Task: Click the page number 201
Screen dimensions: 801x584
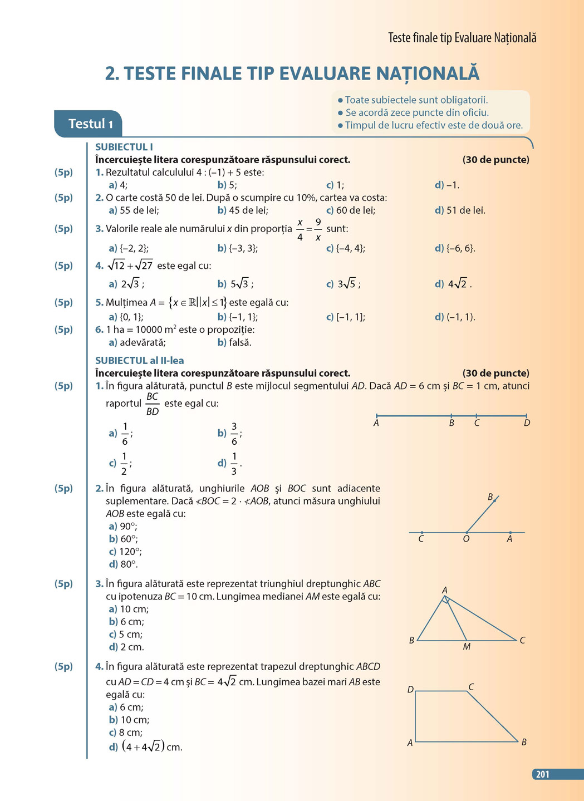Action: (x=542, y=774)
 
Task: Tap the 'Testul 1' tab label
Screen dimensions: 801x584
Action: (x=90, y=124)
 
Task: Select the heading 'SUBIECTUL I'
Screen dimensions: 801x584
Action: (x=124, y=147)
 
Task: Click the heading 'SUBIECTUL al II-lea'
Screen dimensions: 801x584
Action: (x=139, y=360)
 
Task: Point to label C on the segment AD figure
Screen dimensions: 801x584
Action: (x=477, y=424)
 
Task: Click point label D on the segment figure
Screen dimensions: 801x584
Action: (x=527, y=424)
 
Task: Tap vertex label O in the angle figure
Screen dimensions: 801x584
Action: (x=466, y=539)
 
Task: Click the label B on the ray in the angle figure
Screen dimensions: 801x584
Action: (x=490, y=497)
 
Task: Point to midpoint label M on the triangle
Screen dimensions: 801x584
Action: (x=467, y=647)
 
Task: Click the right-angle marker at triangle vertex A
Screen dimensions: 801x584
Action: (x=446, y=600)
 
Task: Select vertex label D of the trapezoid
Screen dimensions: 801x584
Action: (x=410, y=690)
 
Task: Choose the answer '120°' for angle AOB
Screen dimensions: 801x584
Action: (x=130, y=552)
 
